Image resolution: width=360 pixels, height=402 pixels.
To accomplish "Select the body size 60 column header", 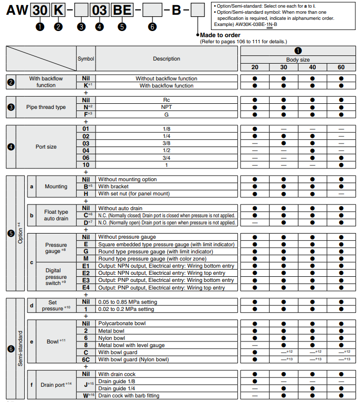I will point(341,67).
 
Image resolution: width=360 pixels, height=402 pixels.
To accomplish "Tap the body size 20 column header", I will point(254,67).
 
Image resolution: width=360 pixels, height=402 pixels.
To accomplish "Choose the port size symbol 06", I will point(86,158).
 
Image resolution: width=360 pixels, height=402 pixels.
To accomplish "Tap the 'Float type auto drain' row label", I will point(56,215).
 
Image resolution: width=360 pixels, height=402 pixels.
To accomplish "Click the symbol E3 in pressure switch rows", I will point(86,280).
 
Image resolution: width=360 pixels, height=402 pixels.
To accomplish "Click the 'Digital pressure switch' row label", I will point(56,277).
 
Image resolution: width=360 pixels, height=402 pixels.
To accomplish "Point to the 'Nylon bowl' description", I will point(111,338).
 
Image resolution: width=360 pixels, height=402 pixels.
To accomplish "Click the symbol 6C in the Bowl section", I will point(86,359).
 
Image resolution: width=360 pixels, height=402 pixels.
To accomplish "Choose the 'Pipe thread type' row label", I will point(46,107).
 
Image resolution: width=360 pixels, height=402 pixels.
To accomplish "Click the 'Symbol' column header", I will point(86,59).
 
